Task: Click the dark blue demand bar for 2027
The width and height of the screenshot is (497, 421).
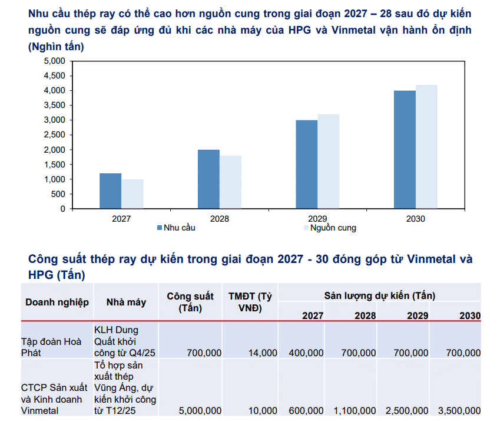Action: (x=110, y=191)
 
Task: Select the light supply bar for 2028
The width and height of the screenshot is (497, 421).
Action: (x=230, y=182)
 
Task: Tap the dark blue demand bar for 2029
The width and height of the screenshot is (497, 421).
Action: (x=307, y=165)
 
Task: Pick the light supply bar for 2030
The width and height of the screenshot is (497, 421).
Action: (x=427, y=147)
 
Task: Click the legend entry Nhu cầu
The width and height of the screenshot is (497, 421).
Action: (x=176, y=228)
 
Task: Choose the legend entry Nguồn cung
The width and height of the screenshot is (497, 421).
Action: (x=330, y=228)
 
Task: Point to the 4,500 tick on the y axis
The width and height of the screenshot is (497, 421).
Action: (x=55, y=75)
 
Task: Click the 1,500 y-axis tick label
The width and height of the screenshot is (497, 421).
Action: (x=55, y=165)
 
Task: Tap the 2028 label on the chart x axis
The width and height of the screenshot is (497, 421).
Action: (x=219, y=219)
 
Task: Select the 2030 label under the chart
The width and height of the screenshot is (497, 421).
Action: (x=416, y=219)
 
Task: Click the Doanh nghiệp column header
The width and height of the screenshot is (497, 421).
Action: (x=57, y=302)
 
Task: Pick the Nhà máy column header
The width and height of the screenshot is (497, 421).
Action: (x=126, y=302)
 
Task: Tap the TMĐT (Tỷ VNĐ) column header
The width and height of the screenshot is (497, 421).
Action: (x=250, y=302)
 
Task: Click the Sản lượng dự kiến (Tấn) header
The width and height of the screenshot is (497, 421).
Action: (x=380, y=295)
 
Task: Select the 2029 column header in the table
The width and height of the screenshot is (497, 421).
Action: (x=418, y=315)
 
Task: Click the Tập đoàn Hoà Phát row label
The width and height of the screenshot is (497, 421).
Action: (x=51, y=347)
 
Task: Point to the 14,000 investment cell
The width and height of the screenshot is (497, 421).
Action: (x=263, y=353)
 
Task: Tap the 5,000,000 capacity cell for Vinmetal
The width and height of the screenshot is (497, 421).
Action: (x=200, y=410)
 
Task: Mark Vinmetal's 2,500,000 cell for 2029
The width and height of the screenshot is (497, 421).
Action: (x=407, y=410)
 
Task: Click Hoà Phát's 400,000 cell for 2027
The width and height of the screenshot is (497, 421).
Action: (x=306, y=353)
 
